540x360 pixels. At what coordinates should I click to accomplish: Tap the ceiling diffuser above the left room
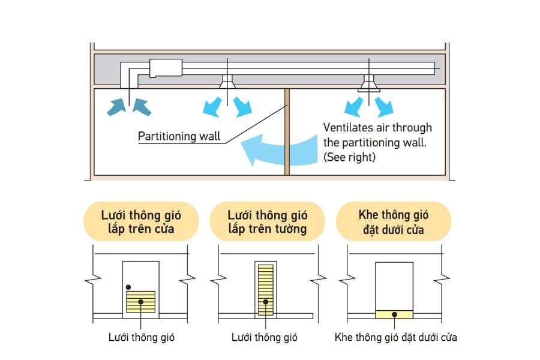tap(228, 83)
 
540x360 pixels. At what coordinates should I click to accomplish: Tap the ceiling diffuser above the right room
tap(369, 85)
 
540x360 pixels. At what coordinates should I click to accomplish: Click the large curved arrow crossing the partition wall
tap(276, 149)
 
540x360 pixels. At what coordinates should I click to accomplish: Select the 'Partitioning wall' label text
tap(179, 136)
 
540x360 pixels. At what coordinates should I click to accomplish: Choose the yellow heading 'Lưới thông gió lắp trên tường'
tap(267, 221)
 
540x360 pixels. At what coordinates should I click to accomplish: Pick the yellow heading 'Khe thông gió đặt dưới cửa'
tap(393, 221)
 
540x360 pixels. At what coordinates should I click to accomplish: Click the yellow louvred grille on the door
tap(141, 301)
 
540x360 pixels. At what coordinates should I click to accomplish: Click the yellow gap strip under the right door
tap(394, 314)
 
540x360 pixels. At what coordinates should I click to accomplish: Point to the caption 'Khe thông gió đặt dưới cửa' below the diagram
tap(395, 337)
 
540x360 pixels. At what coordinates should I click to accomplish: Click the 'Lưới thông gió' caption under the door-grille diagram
tap(142, 337)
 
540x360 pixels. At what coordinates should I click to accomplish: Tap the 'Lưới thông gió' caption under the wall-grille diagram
tap(265, 337)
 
